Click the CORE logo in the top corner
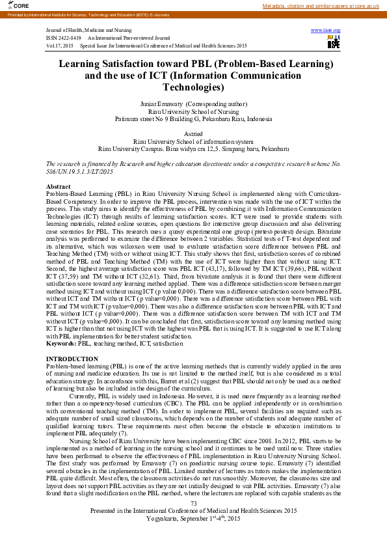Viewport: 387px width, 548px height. click(x=11, y=5)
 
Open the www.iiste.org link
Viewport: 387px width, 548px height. click(x=326, y=31)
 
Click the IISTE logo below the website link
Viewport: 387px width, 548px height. click(x=334, y=42)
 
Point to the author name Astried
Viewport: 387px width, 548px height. click(x=193, y=133)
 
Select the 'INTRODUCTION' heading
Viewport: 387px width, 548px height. click(x=72, y=359)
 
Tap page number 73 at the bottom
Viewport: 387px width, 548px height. click(x=193, y=504)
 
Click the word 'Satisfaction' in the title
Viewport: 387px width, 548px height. click(x=148, y=64)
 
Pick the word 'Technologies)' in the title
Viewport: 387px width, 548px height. click(x=193, y=87)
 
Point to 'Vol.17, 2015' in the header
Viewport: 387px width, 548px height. click(x=60, y=46)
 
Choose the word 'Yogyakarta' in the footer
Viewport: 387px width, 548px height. click(x=168, y=519)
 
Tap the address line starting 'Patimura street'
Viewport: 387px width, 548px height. click(x=193, y=119)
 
